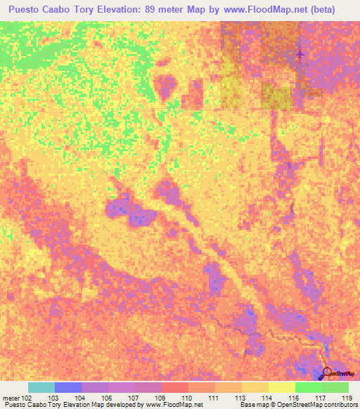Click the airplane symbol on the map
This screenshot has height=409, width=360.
[x=302, y=54]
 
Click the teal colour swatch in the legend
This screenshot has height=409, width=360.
[x=41, y=387]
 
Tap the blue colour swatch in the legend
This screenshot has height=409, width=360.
[x=68, y=387]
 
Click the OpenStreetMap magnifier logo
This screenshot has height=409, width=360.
[x=328, y=373]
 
